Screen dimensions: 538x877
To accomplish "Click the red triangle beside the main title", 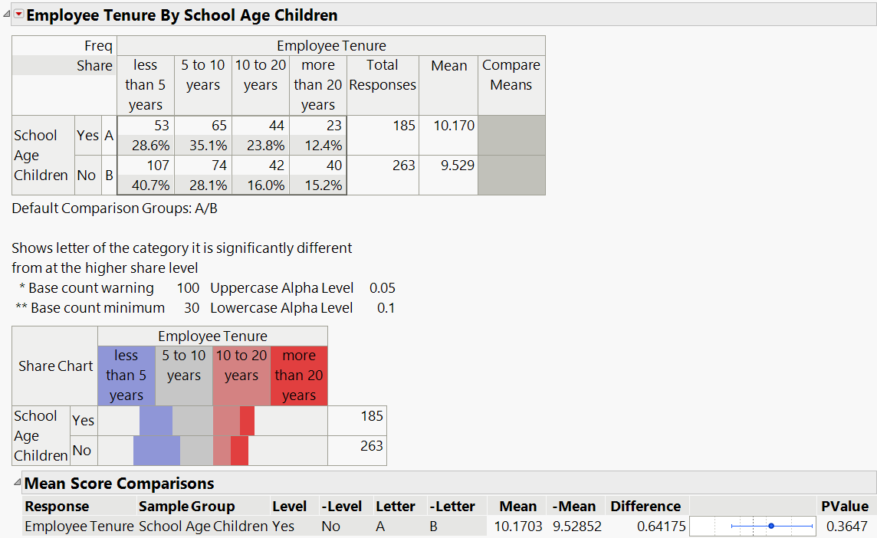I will coord(19,15).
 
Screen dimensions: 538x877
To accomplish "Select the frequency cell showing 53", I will coord(160,126).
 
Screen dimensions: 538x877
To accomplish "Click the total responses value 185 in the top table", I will coord(403,126).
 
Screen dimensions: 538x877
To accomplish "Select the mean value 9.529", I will coord(454,166).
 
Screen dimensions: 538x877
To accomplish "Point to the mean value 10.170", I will coord(454,126).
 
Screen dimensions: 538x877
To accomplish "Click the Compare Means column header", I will coord(511,75).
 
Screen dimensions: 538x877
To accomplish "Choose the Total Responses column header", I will coord(382,75).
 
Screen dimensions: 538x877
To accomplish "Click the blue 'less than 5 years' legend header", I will coord(126,376).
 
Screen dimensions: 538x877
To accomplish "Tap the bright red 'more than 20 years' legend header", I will coord(299,376).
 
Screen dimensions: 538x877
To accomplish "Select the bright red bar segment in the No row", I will coord(239,451).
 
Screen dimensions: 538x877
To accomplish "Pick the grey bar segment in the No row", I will coord(196,451).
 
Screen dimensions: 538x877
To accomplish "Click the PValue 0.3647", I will coord(847,527).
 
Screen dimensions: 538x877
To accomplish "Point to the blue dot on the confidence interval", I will coord(771,527).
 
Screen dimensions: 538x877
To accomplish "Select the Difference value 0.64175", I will coord(659,527).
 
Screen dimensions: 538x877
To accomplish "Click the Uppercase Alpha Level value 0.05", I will coord(382,288).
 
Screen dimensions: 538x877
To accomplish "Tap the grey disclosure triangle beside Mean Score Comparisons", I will coord(17,482).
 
